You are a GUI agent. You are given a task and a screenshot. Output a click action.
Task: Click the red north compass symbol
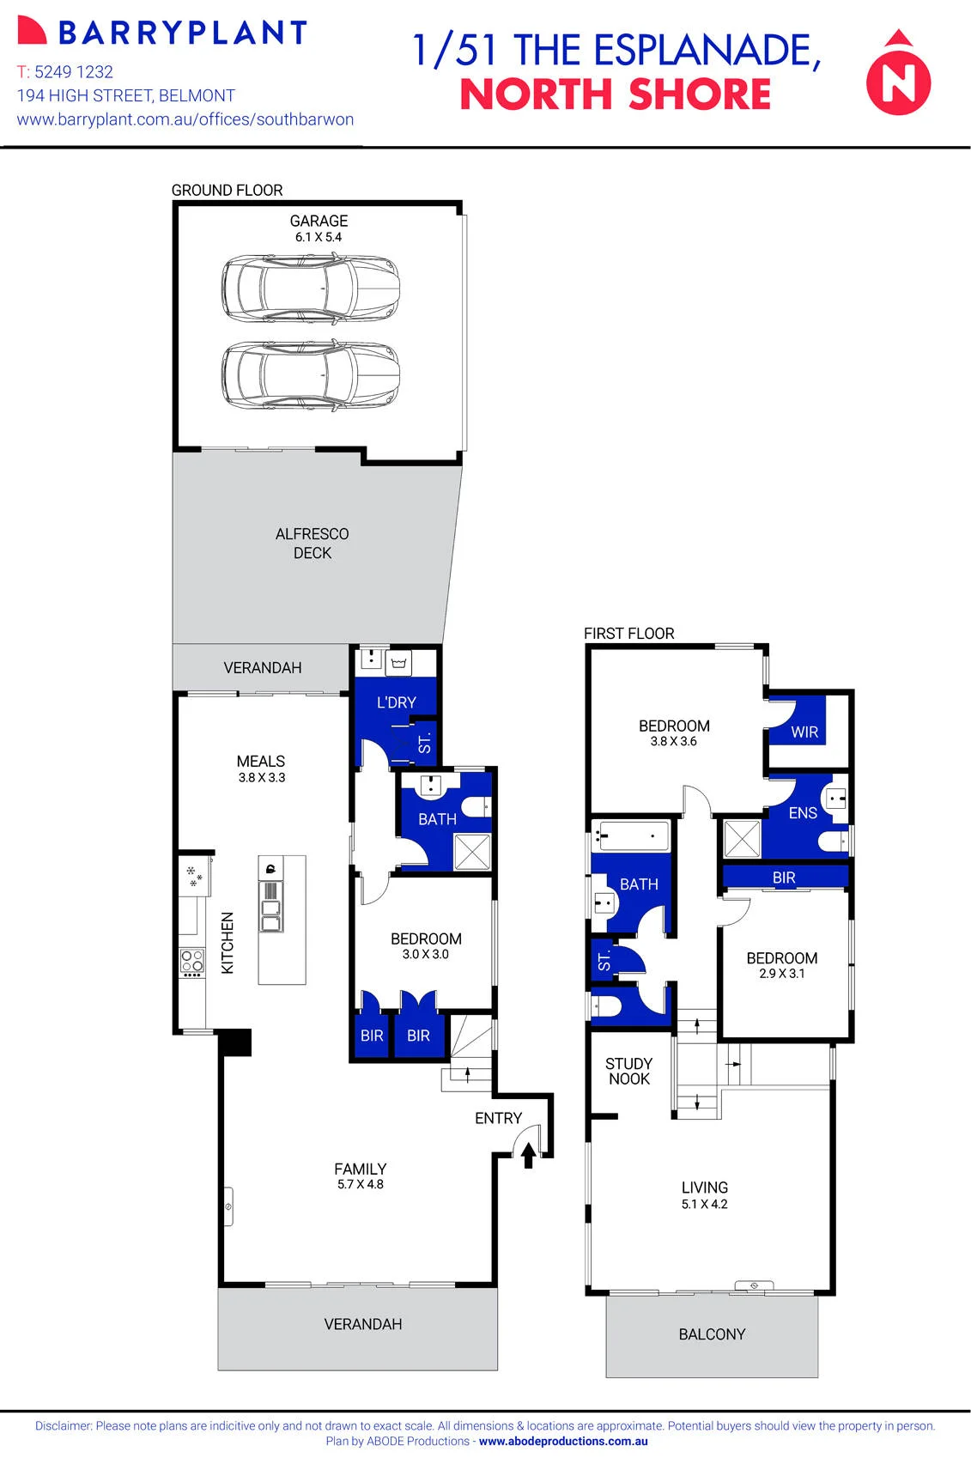(x=898, y=73)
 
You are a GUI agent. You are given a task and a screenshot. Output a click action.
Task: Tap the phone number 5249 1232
(x=74, y=71)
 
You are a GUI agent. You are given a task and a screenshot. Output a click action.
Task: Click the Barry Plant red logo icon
(x=32, y=31)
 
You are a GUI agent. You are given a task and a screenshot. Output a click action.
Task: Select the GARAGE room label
(x=319, y=221)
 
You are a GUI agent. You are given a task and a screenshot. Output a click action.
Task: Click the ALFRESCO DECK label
(x=313, y=544)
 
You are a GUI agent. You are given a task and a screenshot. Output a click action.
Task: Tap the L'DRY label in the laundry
(x=397, y=702)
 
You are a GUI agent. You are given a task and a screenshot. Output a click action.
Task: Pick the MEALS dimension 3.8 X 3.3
(x=262, y=777)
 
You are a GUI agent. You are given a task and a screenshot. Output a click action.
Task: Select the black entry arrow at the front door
(x=529, y=1156)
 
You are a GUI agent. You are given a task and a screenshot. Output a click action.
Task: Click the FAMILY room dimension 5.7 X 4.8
(x=361, y=1184)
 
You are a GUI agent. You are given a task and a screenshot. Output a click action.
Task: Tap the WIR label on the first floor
(x=804, y=732)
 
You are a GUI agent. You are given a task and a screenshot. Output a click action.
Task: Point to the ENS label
(x=803, y=813)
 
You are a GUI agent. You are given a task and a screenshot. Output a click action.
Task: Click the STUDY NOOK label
(x=628, y=1072)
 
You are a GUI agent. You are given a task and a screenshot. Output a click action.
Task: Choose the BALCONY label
(x=712, y=1335)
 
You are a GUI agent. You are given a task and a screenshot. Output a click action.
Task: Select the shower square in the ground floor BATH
(x=472, y=852)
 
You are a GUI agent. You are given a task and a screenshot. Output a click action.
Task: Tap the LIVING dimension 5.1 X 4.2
(x=705, y=1204)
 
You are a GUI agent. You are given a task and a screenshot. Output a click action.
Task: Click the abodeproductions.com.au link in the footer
(x=563, y=1441)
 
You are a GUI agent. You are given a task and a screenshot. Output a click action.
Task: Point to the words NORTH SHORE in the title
(x=616, y=94)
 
